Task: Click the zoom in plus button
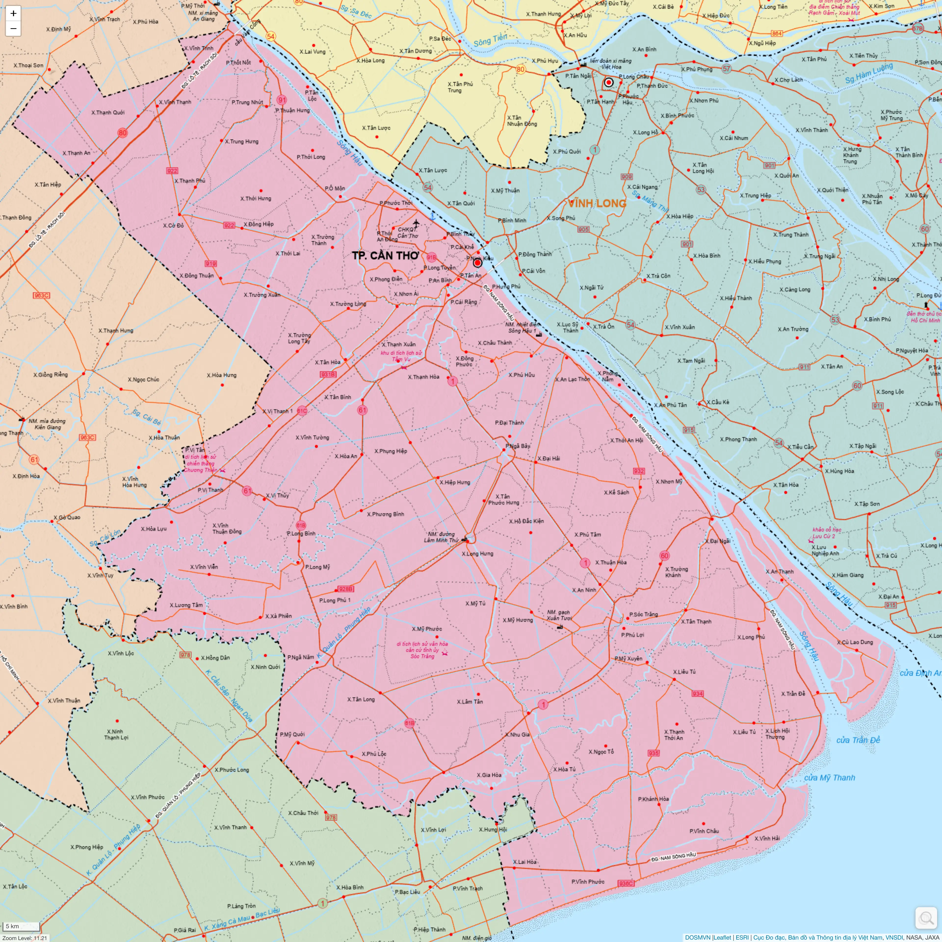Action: point(13,13)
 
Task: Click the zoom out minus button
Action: point(13,28)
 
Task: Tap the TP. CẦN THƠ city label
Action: point(385,255)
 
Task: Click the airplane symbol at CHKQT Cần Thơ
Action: point(416,223)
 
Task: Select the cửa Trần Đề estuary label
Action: point(858,740)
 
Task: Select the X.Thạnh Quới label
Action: point(108,113)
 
